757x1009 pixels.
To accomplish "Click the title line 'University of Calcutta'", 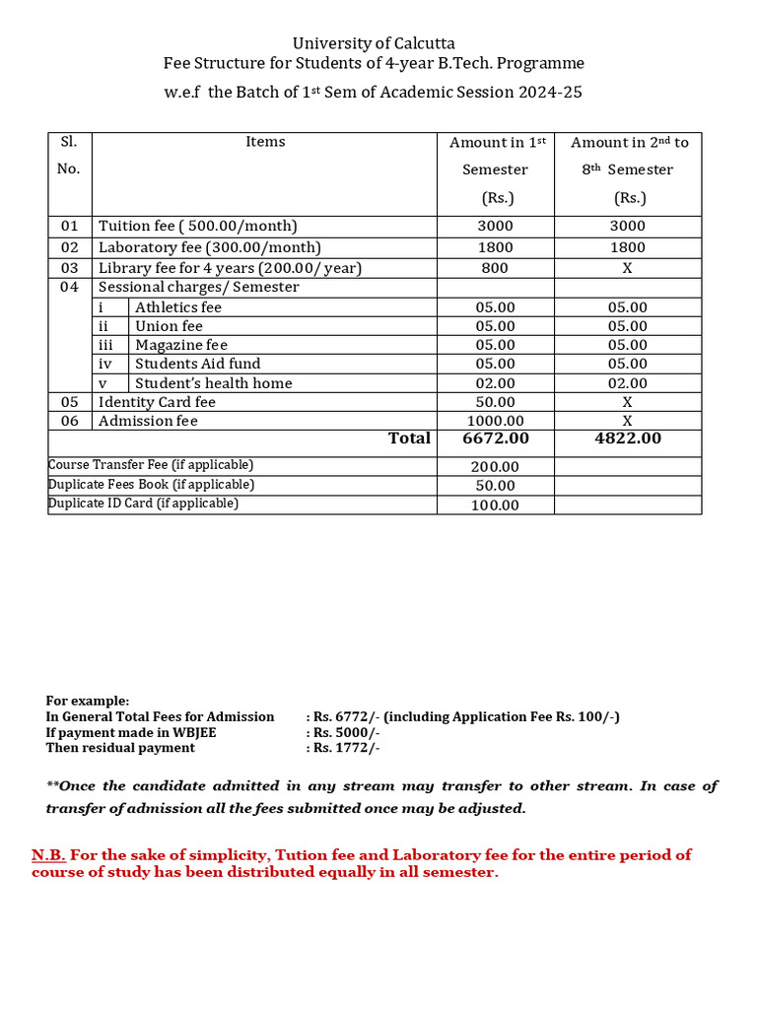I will pyautogui.click(x=374, y=43).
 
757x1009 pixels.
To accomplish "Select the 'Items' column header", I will pyautogui.click(x=265, y=142).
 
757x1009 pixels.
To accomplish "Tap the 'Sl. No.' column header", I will pyautogui.click(x=69, y=155).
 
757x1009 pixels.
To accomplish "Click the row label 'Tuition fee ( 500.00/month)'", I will pyautogui.click(x=197, y=227).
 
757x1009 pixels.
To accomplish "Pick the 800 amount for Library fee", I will pyautogui.click(x=495, y=268).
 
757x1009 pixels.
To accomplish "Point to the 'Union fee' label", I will pyautogui.click(x=169, y=326).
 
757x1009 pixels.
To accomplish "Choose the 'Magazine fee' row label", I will pyautogui.click(x=181, y=345).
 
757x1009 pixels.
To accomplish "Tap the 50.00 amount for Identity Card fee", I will pyautogui.click(x=495, y=402).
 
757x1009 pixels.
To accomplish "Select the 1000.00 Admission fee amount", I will pyautogui.click(x=495, y=421).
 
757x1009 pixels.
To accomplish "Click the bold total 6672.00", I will pyautogui.click(x=495, y=438).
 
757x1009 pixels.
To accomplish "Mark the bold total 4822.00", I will pyautogui.click(x=628, y=438).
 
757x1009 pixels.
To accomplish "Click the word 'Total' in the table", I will pyautogui.click(x=409, y=438).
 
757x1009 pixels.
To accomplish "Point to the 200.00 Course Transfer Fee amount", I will pyautogui.click(x=495, y=467).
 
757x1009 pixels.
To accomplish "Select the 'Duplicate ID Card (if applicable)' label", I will pyautogui.click(x=143, y=504).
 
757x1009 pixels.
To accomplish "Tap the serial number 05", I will pyautogui.click(x=69, y=402).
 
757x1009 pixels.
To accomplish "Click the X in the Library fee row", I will pyautogui.click(x=628, y=268).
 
